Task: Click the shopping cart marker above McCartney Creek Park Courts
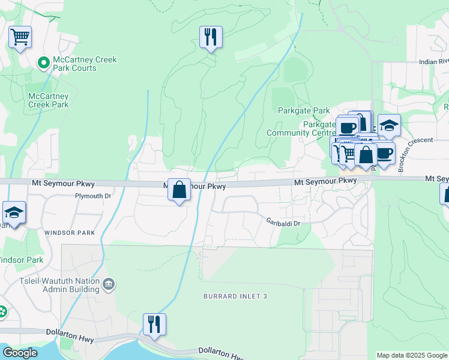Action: pos(20,38)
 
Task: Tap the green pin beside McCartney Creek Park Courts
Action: pos(44,62)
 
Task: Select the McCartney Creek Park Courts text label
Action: pos(84,64)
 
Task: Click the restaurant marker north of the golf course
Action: pos(211,37)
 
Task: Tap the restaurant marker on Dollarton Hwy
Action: pos(154,325)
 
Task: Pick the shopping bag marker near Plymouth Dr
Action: pos(179,191)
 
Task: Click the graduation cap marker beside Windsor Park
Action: pos(14,213)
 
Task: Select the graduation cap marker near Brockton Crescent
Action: pos(389,126)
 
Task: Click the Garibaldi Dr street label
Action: pos(283,222)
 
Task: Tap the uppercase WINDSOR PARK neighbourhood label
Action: pos(70,232)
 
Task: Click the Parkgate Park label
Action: pos(304,111)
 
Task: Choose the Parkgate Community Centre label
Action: pos(301,128)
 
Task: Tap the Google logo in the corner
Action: pos(20,353)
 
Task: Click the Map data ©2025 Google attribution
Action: pos(412,355)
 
